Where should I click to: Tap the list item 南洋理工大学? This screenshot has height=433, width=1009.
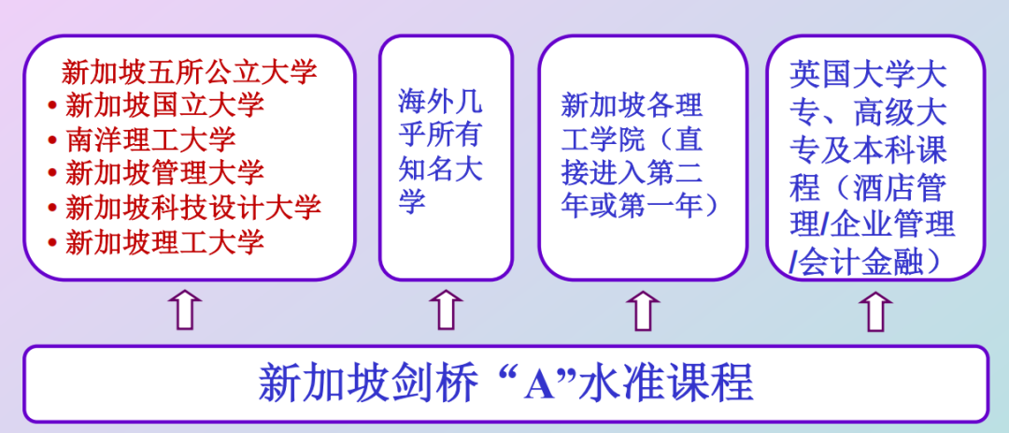tap(150, 139)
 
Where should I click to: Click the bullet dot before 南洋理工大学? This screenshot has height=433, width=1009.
tap(52, 141)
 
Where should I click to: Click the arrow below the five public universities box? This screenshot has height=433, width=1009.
tap(187, 310)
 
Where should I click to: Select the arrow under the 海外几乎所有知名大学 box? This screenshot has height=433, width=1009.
tap(446, 310)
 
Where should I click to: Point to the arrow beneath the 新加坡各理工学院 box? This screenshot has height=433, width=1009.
tap(643, 310)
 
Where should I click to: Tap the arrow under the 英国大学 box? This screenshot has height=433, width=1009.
tap(875, 310)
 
